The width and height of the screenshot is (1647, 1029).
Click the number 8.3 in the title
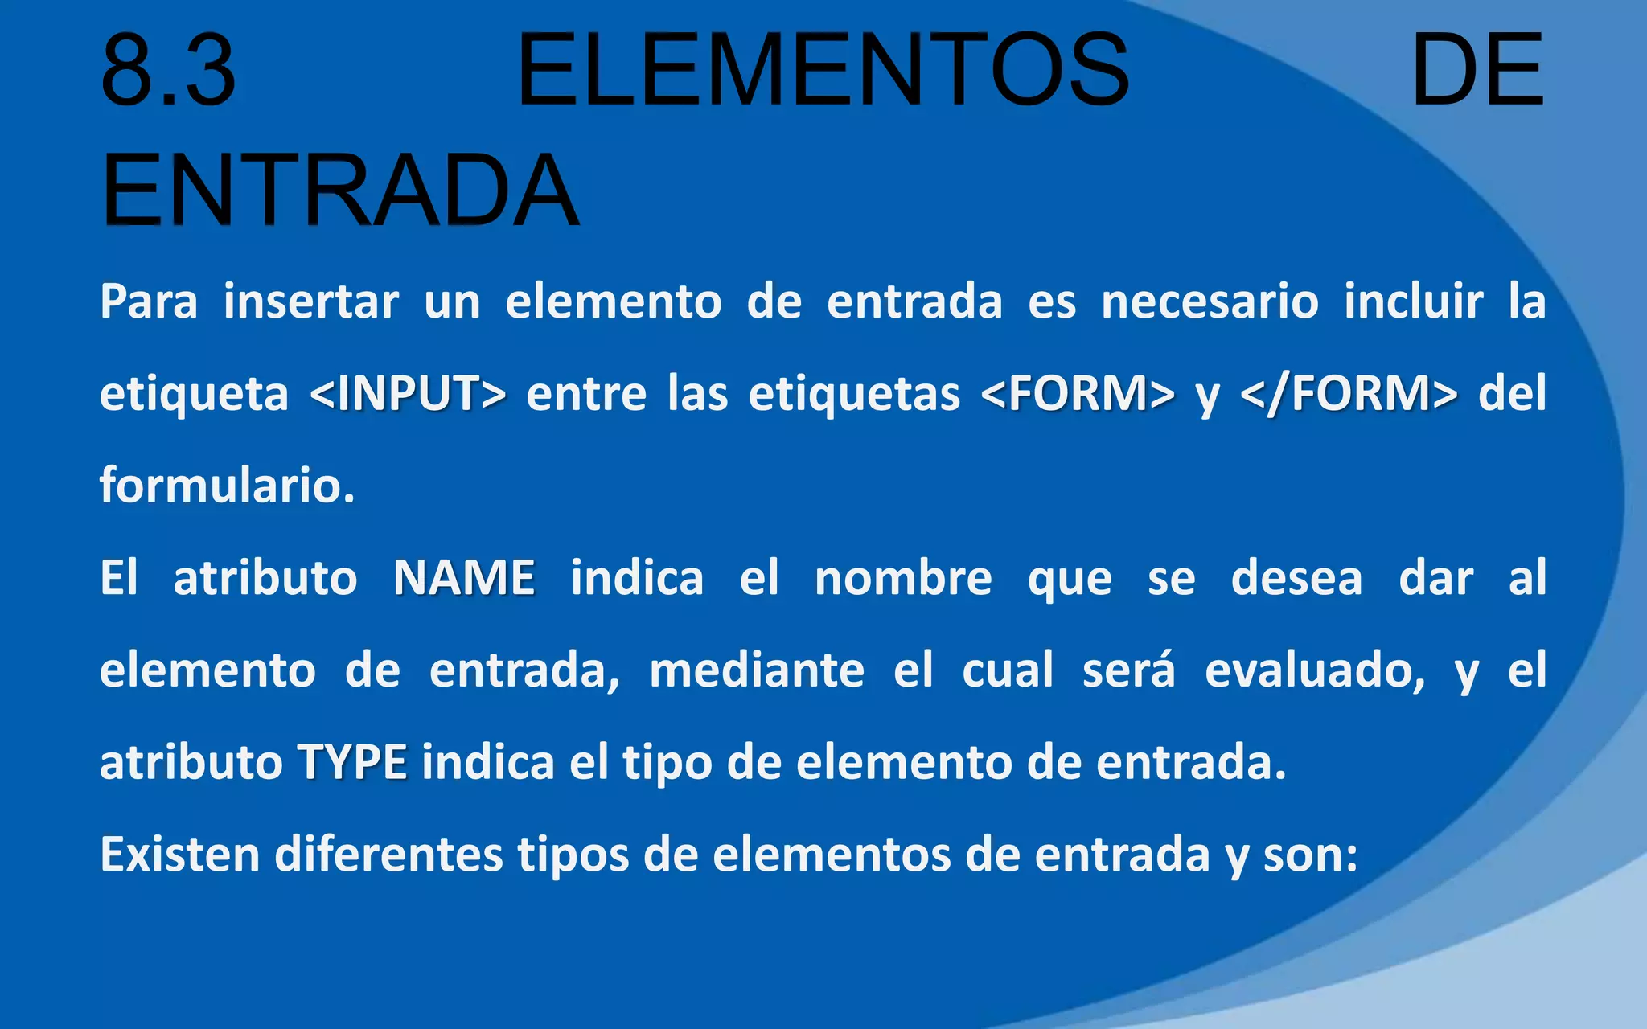168,70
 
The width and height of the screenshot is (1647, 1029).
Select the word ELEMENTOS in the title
823,70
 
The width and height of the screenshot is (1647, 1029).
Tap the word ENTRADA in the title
339,191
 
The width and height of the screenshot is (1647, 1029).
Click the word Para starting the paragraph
149,302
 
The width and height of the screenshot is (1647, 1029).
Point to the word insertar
310,302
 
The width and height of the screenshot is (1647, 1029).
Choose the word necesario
1210,302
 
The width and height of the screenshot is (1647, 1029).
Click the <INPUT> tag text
408,394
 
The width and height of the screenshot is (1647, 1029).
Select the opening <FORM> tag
1078,394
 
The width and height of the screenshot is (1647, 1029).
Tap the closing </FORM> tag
1349,394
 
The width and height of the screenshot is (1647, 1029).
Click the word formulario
227,486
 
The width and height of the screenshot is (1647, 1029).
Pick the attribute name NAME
464,578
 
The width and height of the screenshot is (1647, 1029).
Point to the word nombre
903,578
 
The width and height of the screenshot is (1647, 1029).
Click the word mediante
756,670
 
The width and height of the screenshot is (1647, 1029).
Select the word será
1128,670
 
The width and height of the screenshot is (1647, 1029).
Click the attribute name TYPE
352,762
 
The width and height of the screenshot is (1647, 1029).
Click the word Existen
179,854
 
